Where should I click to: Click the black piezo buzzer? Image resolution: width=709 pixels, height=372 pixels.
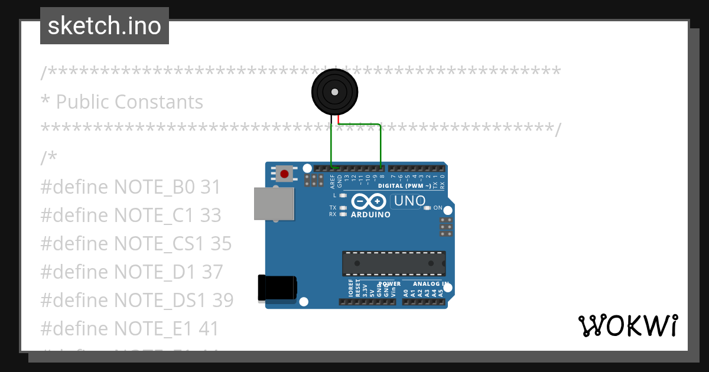335,92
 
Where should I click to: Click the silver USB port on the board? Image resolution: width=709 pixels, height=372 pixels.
273,204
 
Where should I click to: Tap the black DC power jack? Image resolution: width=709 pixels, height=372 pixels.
277,288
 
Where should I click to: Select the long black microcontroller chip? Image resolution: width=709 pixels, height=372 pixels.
394,263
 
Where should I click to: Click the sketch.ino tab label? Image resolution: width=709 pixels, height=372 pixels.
105,26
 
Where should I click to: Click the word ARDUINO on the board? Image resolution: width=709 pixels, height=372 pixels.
370,215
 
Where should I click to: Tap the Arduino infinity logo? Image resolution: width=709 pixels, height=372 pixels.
370,201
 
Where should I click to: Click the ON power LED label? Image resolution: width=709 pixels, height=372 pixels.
438,208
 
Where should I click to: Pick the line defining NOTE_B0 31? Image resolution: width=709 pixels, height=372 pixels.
130,187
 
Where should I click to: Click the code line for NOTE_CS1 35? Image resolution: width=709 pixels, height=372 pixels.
136,244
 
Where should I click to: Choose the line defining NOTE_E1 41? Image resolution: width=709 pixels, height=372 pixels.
129,328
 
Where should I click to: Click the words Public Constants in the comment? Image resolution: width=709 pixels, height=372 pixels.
129,102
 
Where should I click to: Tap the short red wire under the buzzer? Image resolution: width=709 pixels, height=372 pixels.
339,120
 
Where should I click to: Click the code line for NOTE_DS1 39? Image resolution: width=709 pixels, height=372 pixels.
137,300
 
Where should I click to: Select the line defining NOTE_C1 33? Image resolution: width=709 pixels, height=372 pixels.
131,216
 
